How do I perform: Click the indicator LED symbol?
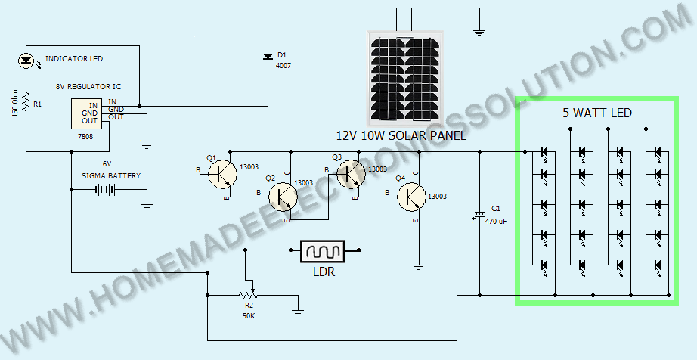click(26, 61)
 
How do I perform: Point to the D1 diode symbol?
click(268, 57)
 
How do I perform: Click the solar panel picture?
click(404, 78)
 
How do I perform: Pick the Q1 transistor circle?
click(222, 174)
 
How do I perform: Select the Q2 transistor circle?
click(282, 196)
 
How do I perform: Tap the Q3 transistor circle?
click(352, 174)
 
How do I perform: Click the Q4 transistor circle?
click(411, 197)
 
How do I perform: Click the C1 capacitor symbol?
click(479, 215)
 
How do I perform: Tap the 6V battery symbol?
click(105, 190)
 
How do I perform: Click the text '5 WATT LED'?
click(597, 113)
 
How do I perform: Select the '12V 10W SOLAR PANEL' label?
click(401, 135)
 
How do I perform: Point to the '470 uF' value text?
click(497, 221)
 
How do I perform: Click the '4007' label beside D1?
click(283, 65)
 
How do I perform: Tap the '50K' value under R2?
click(249, 316)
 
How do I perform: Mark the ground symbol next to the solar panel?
click(479, 32)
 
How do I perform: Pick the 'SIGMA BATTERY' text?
click(111, 176)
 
